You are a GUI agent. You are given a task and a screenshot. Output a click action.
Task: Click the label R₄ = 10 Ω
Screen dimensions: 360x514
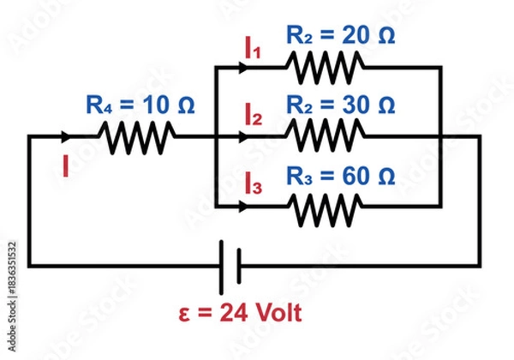click(140, 105)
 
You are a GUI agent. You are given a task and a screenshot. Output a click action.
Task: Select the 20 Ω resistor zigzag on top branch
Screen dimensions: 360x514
click(325, 64)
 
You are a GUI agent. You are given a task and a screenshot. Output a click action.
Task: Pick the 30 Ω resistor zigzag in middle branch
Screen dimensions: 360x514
click(325, 135)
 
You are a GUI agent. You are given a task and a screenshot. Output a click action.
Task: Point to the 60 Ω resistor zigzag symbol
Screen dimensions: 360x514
click(325, 207)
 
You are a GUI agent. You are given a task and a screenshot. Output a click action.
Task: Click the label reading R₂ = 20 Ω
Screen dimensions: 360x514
click(340, 36)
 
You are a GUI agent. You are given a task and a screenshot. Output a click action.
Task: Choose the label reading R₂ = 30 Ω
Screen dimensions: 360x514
click(340, 105)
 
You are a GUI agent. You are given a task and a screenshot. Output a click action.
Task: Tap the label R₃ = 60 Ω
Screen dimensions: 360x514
click(340, 177)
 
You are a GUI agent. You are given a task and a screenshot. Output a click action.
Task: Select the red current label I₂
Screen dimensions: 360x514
click(253, 117)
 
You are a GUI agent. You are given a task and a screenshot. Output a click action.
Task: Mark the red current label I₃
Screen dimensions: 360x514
click(253, 183)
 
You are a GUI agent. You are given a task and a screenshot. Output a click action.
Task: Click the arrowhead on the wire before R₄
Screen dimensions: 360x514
click(66, 135)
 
